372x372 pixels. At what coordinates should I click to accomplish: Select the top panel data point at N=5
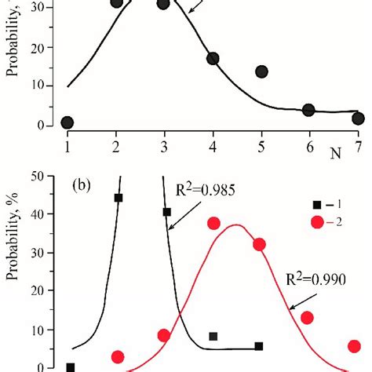pyautogui.click(x=261, y=71)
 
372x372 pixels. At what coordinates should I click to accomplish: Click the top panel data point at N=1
pyautogui.click(x=67, y=122)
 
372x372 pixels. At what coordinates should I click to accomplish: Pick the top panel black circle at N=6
pyautogui.click(x=308, y=110)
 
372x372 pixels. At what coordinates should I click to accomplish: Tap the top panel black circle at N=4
pyautogui.click(x=213, y=59)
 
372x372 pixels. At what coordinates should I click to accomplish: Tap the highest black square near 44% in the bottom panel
pyautogui.click(x=119, y=198)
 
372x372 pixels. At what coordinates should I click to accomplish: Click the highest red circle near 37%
pyautogui.click(x=213, y=224)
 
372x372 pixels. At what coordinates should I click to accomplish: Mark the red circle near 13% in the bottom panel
pyautogui.click(x=307, y=317)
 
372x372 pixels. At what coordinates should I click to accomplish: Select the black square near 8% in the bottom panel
pyautogui.click(x=213, y=336)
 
